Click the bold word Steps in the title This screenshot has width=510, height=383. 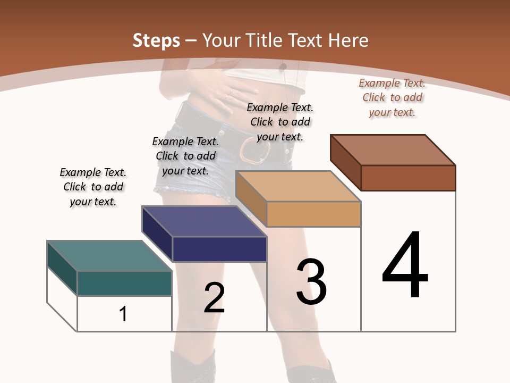pyautogui.click(x=156, y=40)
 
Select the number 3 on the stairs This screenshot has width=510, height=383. pyautogui.click(x=311, y=282)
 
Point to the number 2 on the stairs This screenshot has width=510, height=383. pyautogui.click(x=214, y=298)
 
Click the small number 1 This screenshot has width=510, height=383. pyautogui.click(x=123, y=314)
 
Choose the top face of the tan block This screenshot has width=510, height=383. pyautogui.click(x=297, y=186)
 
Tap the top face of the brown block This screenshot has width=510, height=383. pyautogui.click(x=393, y=149)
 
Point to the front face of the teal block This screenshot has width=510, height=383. pyautogui.click(x=124, y=283)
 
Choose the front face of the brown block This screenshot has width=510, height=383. pyautogui.click(x=408, y=178)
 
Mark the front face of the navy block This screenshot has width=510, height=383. pyautogui.click(x=219, y=249)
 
